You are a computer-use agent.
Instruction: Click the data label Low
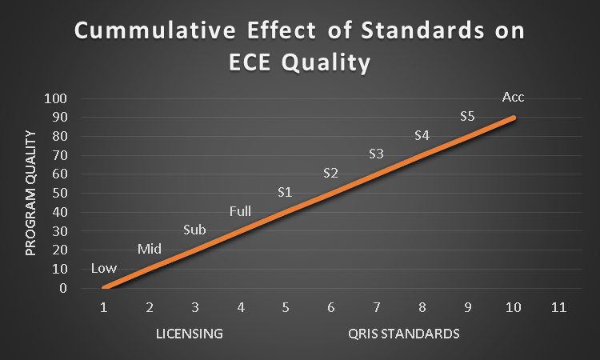pos(103,268)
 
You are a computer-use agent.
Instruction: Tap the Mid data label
pos(149,249)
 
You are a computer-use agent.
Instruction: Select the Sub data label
pos(194,230)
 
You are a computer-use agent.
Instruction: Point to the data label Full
pos(240,211)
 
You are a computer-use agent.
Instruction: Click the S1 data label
pos(286,192)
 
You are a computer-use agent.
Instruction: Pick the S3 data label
pos(377,154)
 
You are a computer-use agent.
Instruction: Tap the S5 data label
pos(468,116)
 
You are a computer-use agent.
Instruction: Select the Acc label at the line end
pos(513,97)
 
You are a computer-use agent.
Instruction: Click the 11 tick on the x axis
pos(558,307)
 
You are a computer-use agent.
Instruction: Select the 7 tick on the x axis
pos(377,307)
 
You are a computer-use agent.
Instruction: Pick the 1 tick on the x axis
pos(104,307)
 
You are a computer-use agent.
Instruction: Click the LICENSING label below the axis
pos(189,333)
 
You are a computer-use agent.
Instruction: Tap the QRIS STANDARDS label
pos(404,333)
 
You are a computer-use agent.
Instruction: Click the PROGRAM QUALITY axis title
pos(31,194)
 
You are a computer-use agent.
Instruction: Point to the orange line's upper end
pos(514,118)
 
